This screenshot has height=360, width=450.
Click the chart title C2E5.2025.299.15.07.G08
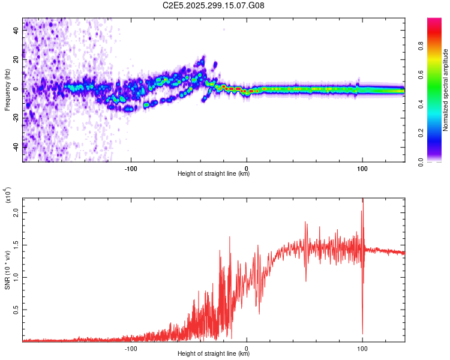[x=214, y=6]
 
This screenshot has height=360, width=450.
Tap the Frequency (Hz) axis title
[x=7, y=90]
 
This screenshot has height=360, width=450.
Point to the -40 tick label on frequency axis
[x=16, y=146]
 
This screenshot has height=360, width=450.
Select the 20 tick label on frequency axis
[x=16, y=60]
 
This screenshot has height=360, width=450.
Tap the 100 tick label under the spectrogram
[x=362, y=169]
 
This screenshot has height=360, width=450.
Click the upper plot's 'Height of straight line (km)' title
[x=214, y=174]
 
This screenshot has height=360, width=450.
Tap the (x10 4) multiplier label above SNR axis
[x=7, y=196]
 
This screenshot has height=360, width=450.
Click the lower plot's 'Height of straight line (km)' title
[x=214, y=354]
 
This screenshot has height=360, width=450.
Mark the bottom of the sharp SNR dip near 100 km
[x=362, y=334]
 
